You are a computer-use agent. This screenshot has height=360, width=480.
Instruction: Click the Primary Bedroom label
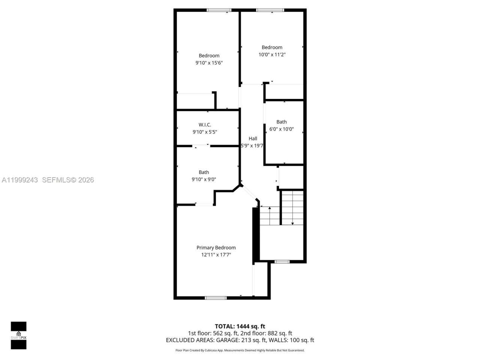[x=216, y=247]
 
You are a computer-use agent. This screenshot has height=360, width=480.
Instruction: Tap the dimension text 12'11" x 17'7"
[x=216, y=255]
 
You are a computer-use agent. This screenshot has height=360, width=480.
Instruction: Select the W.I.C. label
[x=205, y=124]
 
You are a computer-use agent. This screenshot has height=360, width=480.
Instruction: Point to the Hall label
[x=253, y=138]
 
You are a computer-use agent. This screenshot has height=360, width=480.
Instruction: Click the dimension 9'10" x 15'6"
[x=209, y=63]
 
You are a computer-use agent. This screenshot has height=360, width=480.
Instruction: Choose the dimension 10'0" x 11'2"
[x=272, y=54]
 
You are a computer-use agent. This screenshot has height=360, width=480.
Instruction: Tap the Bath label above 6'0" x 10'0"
[x=282, y=121]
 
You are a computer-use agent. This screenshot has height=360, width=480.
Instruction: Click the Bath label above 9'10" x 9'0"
[x=204, y=172]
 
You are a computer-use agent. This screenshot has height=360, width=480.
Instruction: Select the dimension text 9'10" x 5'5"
[x=205, y=132]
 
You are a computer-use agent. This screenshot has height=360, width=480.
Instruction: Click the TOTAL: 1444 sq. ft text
[x=240, y=326]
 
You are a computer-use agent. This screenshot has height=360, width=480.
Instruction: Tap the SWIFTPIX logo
[x=18, y=335]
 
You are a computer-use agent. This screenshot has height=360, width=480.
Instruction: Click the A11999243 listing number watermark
[x=20, y=180]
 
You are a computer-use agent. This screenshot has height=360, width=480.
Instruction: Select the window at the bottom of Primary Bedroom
[x=216, y=298]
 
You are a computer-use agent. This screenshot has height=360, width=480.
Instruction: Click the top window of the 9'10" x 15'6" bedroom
[x=219, y=10]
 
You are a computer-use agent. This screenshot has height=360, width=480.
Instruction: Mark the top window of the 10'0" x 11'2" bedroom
[x=270, y=10]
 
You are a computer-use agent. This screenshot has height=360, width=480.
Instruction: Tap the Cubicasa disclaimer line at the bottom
[x=240, y=350]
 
